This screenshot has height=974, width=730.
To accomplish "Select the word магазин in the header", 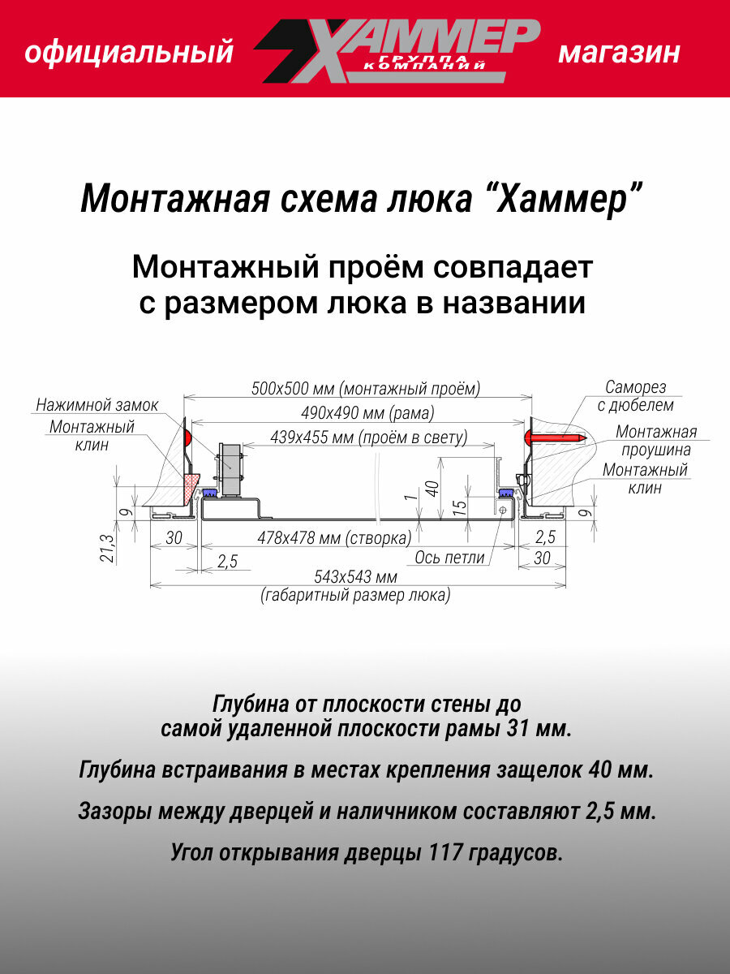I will pyautogui.click(x=619, y=54).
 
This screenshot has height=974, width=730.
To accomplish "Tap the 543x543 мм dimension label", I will pyautogui.click(x=356, y=577).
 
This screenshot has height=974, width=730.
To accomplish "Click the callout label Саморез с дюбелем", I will pyautogui.click(x=641, y=396).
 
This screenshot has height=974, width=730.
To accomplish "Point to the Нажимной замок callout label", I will pyautogui.click(x=97, y=405).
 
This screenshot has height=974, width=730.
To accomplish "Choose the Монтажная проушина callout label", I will pyautogui.click(x=655, y=441).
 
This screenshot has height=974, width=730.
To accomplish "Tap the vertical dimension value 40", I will pyautogui.click(x=432, y=489).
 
